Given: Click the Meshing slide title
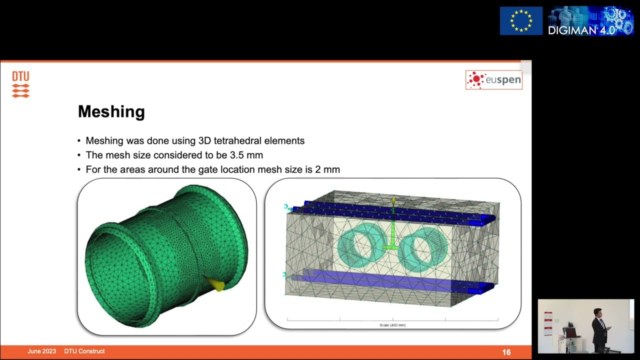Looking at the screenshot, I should click(x=111, y=111).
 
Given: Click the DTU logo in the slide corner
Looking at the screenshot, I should click(x=20, y=84).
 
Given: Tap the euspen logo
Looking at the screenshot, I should click(x=493, y=80).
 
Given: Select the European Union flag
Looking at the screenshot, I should click(x=521, y=21).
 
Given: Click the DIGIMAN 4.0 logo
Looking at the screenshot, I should click(x=590, y=21).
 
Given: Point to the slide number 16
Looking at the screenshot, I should click(x=506, y=352).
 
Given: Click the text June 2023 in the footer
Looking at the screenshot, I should click(x=41, y=351).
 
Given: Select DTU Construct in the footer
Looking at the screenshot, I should click(x=84, y=351).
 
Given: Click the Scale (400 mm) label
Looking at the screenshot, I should click(x=392, y=325).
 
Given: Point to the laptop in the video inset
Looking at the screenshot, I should click(x=569, y=333).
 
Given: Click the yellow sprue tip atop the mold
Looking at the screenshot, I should click(x=393, y=201).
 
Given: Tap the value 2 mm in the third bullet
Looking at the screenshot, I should click(x=327, y=169).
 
